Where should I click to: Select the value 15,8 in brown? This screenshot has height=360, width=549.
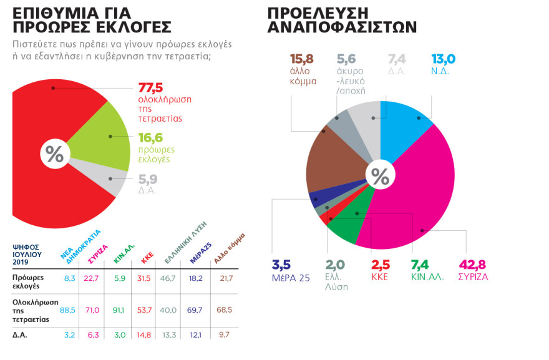pos(302,60)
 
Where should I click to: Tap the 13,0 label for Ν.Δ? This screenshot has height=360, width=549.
pos(444,60)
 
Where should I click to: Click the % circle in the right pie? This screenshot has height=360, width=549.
pos(380,175)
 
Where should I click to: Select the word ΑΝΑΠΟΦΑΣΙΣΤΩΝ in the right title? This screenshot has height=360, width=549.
pos(342,27)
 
